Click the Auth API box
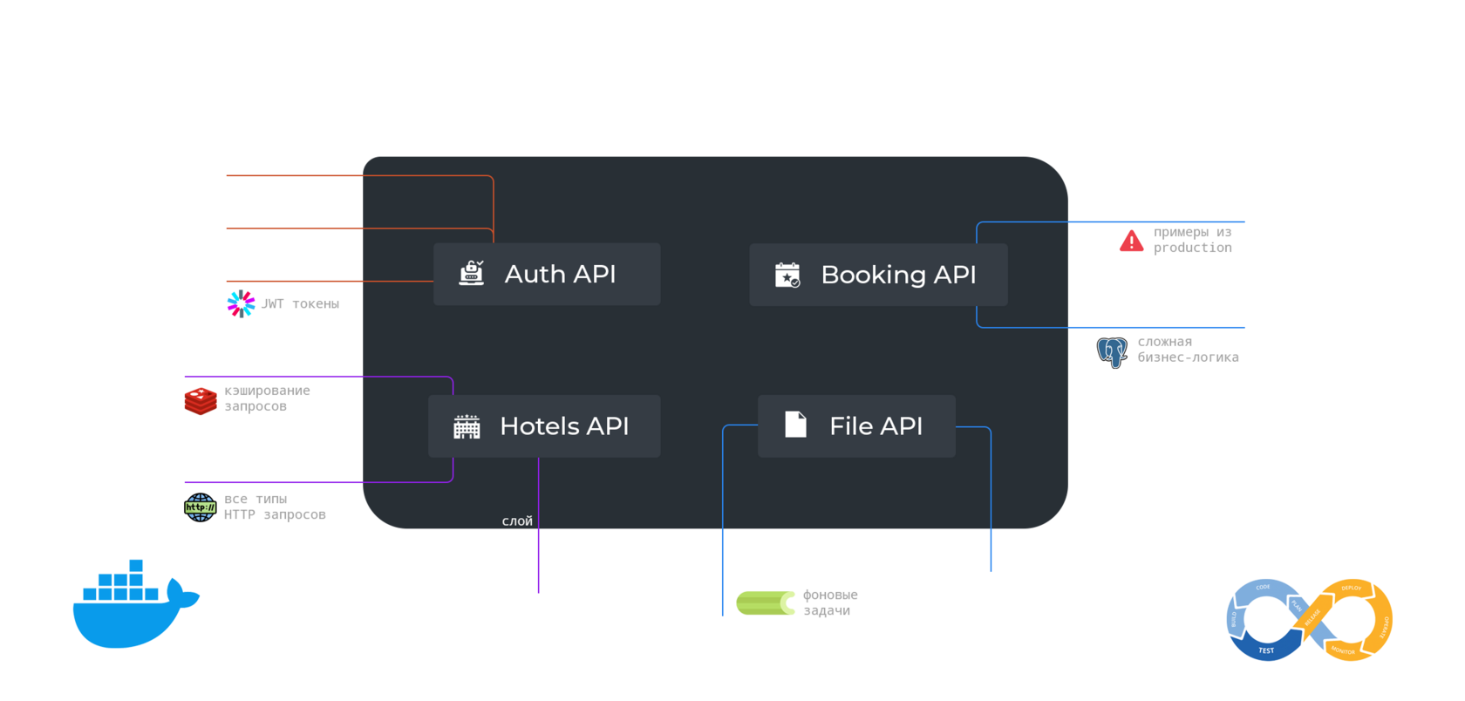point(547,274)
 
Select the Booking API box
point(878,275)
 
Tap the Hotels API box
point(544,426)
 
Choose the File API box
point(856,426)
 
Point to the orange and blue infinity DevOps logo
point(1309,620)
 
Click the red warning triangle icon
point(1131,241)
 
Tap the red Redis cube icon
point(201,400)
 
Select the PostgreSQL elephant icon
point(1112,351)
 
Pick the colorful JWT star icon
point(241,303)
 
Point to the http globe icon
point(200,507)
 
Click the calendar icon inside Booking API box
point(787,275)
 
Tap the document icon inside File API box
point(795,425)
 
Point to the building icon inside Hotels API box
point(467,426)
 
